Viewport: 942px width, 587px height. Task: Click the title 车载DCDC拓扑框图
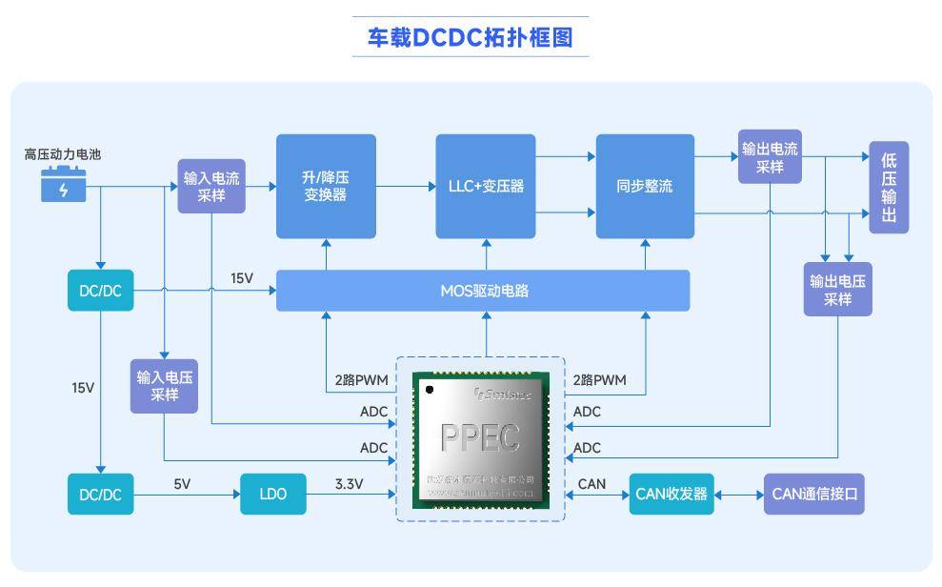(x=470, y=37)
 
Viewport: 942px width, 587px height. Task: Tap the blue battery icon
(x=64, y=184)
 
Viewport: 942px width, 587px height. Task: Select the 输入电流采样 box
(x=211, y=187)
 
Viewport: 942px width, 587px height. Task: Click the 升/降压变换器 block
(x=326, y=186)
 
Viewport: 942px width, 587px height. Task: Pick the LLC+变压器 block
(x=486, y=186)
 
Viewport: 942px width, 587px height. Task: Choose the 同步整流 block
(x=645, y=186)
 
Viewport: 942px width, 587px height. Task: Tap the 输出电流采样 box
(x=770, y=157)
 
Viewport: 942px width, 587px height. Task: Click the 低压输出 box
(x=889, y=187)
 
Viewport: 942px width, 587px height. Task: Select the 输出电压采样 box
(x=837, y=290)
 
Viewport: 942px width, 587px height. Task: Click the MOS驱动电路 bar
(x=483, y=291)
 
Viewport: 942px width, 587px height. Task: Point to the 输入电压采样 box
(x=164, y=385)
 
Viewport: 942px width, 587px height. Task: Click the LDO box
(x=272, y=495)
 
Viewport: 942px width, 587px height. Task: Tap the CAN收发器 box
(x=671, y=495)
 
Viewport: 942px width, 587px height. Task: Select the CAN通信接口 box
(x=814, y=495)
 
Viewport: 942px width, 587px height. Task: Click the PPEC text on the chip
(x=481, y=437)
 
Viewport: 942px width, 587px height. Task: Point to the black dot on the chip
(x=430, y=389)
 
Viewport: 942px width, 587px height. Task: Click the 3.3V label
(x=349, y=484)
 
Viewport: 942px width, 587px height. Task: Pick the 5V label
(x=182, y=484)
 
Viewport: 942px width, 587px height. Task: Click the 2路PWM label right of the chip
(x=599, y=379)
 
